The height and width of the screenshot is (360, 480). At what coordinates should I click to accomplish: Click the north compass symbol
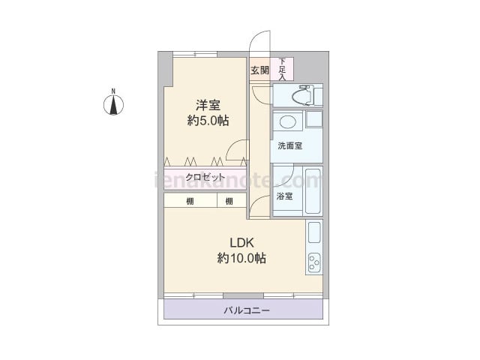(x=113, y=105)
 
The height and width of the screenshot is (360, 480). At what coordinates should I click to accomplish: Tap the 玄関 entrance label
(x=260, y=70)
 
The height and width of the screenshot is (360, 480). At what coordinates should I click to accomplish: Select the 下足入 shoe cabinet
(x=282, y=69)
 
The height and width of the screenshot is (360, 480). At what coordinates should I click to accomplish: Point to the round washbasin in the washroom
(x=288, y=121)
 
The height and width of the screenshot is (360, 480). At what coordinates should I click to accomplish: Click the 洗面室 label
(x=290, y=145)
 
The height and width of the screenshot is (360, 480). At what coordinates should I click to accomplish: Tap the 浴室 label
(x=284, y=196)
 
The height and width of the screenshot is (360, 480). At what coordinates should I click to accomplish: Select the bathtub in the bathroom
(x=313, y=191)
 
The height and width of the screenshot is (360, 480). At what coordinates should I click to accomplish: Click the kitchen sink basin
(x=314, y=232)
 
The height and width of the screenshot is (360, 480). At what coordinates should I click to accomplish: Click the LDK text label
(x=241, y=243)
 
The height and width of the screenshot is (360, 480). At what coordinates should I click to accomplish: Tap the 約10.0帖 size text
(x=241, y=258)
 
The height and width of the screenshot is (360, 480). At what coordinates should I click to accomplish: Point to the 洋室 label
(x=208, y=105)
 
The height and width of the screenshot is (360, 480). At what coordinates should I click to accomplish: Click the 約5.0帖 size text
(x=208, y=121)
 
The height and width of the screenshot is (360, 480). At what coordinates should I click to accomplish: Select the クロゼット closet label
(x=205, y=177)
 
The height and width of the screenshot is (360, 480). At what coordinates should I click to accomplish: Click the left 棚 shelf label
(x=190, y=202)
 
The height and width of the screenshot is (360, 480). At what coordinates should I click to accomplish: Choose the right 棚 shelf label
(x=229, y=202)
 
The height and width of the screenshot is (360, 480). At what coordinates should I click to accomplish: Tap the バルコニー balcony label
(x=247, y=310)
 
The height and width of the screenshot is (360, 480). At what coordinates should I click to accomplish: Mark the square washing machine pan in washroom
(x=314, y=119)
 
